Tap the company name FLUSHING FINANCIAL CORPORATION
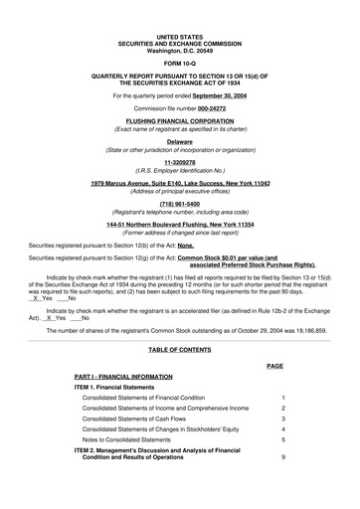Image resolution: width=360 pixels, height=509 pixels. tap(179, 121)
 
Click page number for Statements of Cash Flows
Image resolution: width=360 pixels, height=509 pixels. tap(283, 419)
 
